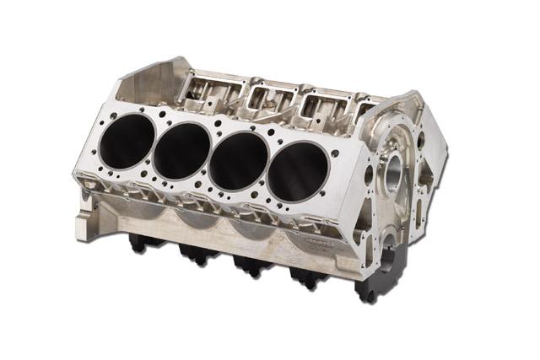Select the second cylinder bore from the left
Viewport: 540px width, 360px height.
(182, 151)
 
